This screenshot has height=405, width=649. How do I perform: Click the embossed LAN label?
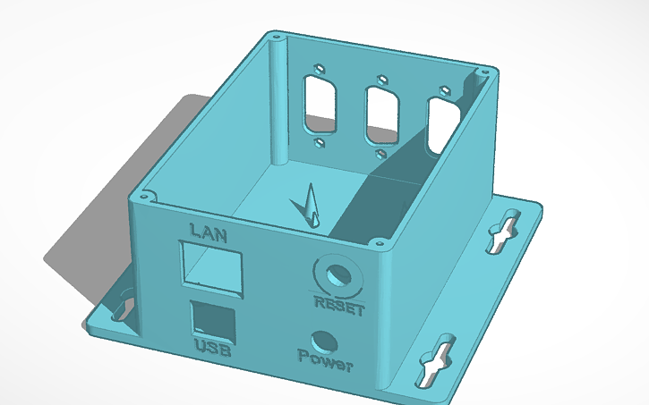coord(208,234)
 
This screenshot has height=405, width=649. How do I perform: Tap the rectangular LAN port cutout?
coord(211,266)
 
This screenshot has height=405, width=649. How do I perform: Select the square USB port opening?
coord(214,319)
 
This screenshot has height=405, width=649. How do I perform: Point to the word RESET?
coord(340,308)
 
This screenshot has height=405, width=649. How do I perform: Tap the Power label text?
coord(326,365)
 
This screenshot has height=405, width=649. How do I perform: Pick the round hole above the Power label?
coord(323,342)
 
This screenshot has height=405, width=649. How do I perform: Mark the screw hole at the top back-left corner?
coord(276,39)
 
